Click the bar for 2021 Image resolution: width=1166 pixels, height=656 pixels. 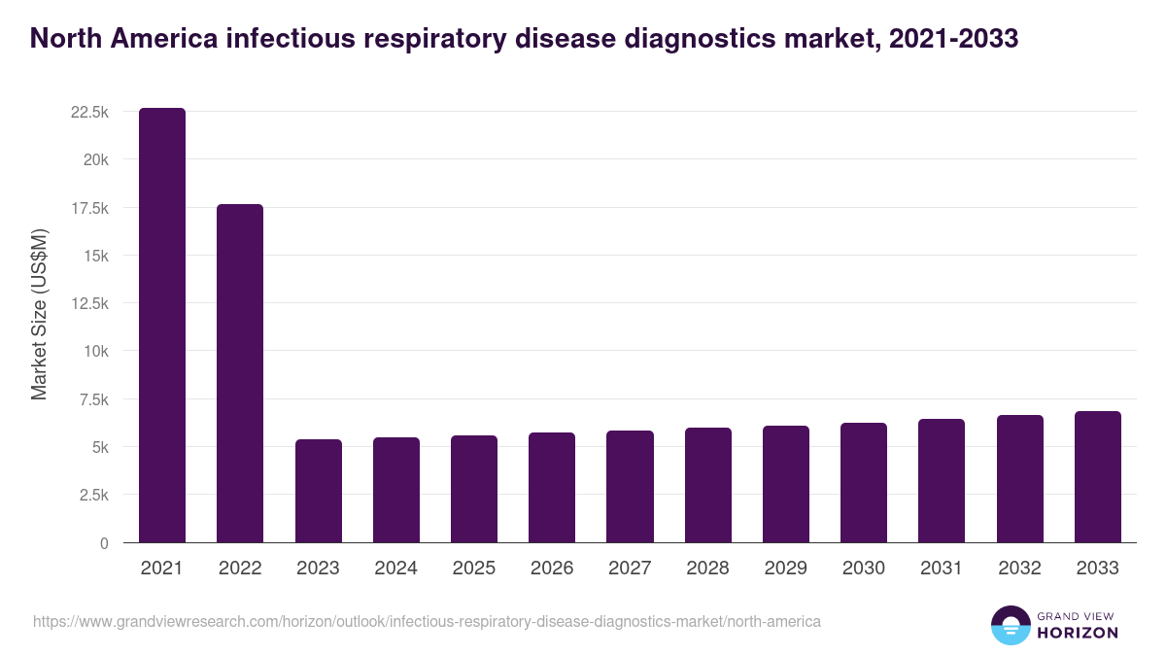coord(162,326)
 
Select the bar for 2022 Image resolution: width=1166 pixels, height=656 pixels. coord(240,373)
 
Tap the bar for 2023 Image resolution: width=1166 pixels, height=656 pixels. coord(319,491)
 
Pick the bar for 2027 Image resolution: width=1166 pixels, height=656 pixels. coord(630,487)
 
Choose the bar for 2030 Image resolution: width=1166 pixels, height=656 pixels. coord(864,483)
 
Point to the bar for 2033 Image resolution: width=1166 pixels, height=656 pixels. coord(1097,477)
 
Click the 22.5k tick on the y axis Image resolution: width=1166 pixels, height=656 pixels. coord(89,113)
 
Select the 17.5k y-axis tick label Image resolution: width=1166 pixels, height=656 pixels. coord(89,208)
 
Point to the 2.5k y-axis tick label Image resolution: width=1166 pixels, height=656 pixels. coord(93,495)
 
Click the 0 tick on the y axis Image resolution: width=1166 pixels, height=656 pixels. coord(103,543)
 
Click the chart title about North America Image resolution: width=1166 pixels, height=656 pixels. coord(525,38)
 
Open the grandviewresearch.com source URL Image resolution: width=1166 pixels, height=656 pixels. coord(428,621)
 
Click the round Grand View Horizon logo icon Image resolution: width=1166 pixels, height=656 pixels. coord(1011,625)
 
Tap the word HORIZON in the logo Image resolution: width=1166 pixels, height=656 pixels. coord(1078,633)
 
